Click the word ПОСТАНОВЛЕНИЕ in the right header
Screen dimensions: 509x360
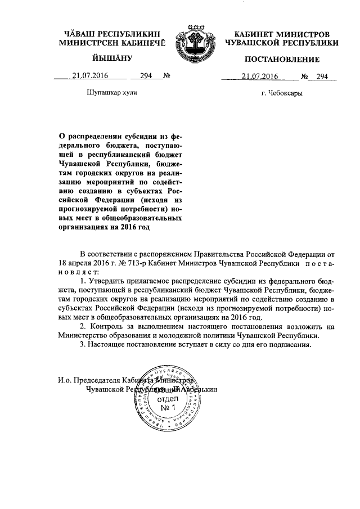[x=281, y=60]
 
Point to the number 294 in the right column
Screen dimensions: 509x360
[x=322, y=76]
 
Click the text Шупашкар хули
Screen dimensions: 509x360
[x=112, y=93]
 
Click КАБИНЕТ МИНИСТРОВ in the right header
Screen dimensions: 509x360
[x=281, y=35]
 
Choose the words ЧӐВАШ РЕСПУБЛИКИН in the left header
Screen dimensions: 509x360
[x=112, y=35]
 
